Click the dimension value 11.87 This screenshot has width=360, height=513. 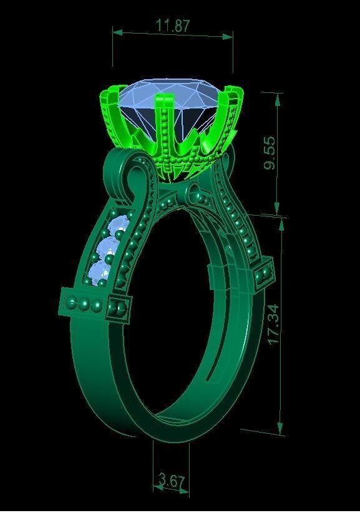173,26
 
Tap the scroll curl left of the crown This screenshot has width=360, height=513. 132,175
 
